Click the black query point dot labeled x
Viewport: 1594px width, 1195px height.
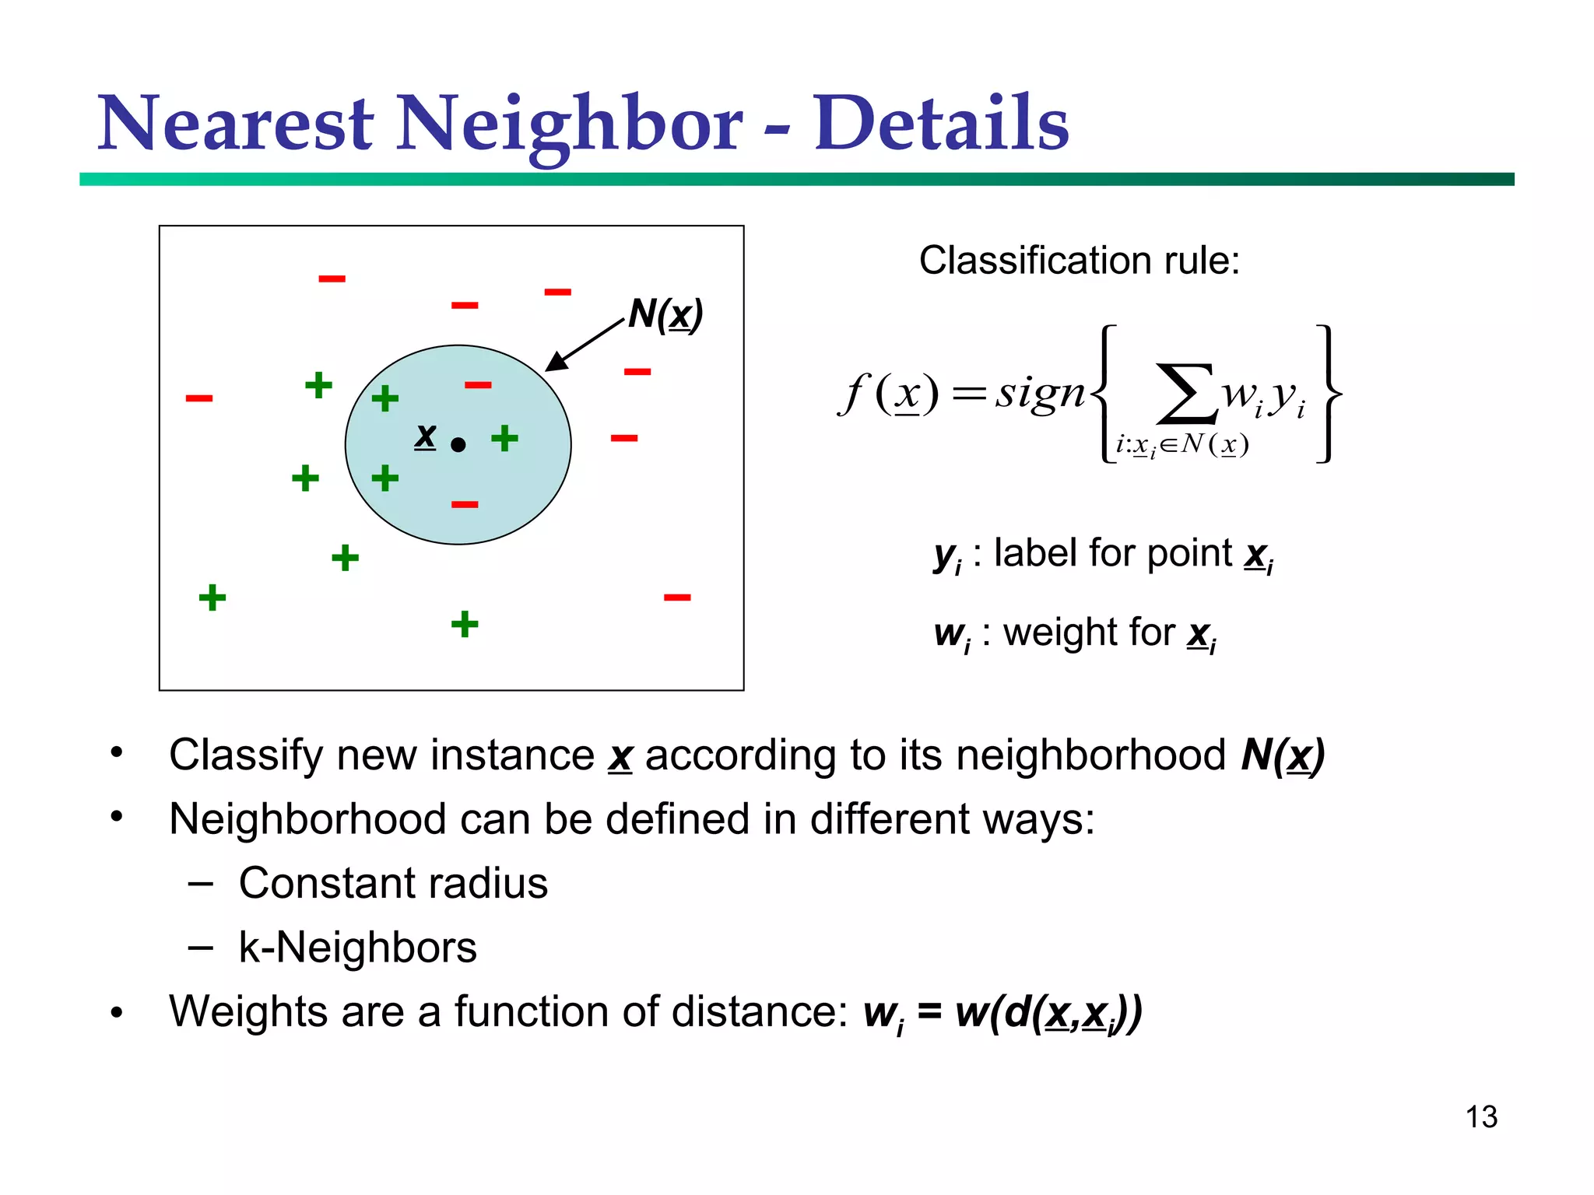pyautogui.click(x=458, y=445)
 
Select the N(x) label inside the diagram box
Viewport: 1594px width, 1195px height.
pyautogui.click(x=665, y=314)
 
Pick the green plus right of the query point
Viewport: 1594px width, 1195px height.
pyautogui.click(x=504, y=438)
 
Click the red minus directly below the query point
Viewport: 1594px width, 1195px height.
pyautogui.click(x=465, y=505)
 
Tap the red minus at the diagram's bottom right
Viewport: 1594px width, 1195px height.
pyautogui.click(x=677, y=597)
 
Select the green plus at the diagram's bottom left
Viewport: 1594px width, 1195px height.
pyautogui.click(x=212, y=597)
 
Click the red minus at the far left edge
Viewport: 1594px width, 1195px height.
pyautogui.click(x=199, y=398)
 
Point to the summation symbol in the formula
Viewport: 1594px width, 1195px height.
pyautogui.click(x=1185, y=394)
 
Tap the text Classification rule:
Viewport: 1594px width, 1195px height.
pyautogui.click(x=1079, y=261)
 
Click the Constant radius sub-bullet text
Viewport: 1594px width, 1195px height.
pyautogui.click(x=393, y=883)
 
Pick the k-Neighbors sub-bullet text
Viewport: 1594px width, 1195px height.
pyautogui.click(x=357, y=948)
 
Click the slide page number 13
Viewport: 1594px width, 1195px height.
pyautogui.click(x=1480, y=1116)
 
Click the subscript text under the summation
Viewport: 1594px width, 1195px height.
pyautogui.click(x=1181, y=445)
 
